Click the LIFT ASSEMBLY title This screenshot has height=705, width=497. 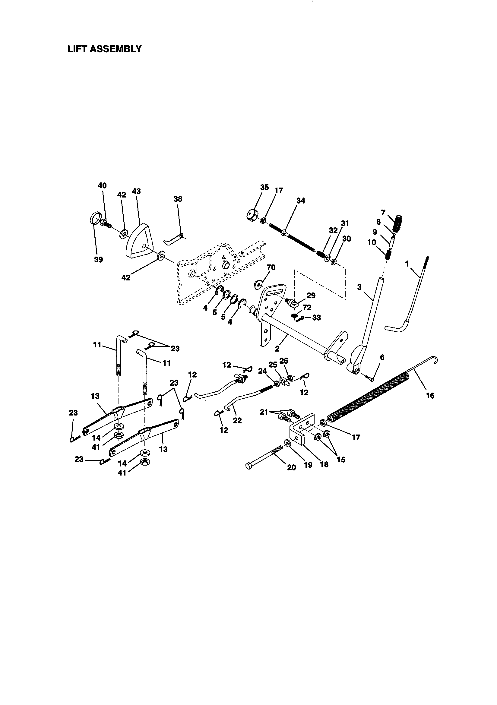[104, 49]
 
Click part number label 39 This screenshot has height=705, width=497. [98, 259]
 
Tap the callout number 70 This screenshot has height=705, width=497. [271, 267]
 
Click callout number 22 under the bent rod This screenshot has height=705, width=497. [237, 420]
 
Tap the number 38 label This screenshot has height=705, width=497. [178, 199]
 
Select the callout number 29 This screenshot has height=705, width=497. [311, 296]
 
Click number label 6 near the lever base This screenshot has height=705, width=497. [382, 357]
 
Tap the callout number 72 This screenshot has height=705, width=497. [307, 307]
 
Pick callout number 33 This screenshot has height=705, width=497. [316, 318]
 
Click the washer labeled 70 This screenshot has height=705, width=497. [258, 283]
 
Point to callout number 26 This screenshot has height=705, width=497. [283, 360]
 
